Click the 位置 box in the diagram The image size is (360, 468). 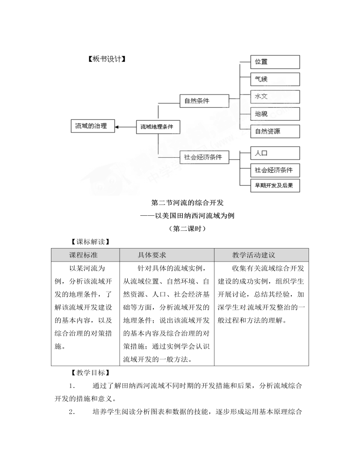pyautogui.click(x=275, y=62)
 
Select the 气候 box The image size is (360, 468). pyautogui.click(x=275, y=79)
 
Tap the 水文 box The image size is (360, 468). pyautogui.click(x=275, y=96)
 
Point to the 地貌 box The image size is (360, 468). pyautogui.click(x=275, y=114)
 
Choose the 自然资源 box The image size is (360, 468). pyautogui.click(x=275, y=131)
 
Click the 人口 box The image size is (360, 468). pyautogui.click(x=275, y=153)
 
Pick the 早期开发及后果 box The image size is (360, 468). pyautogui.click(x=275, y=185)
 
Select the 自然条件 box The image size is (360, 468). pyautogui.click(x=204, y=101)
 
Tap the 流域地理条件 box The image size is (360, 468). pyautogui.click(x=158, y=127)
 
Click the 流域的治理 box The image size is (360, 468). pyautogui.click(x=93, y=126)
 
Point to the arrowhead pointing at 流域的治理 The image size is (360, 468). pyautogui.click(x=116, y=127)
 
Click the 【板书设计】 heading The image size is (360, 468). pyautogui.click(x=107, y=59)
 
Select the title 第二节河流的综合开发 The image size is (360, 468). pyautogui.click(x=187, y=203)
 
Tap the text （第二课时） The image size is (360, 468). pyautogui.click(x=187, y=229)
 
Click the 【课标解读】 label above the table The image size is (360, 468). pyautogui.click(x=90, y=242)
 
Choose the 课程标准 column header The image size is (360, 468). pyautogui.click(x=84, y=255)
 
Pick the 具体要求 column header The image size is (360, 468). pyautogui.click(x=152, y=255)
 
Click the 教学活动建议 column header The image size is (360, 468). pyautogui.click(x=253, y=255)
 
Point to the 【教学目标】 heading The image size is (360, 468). pyautogui.click(x=90, y=373)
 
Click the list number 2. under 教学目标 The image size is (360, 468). pyautogui.click(x=72, y=412)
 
